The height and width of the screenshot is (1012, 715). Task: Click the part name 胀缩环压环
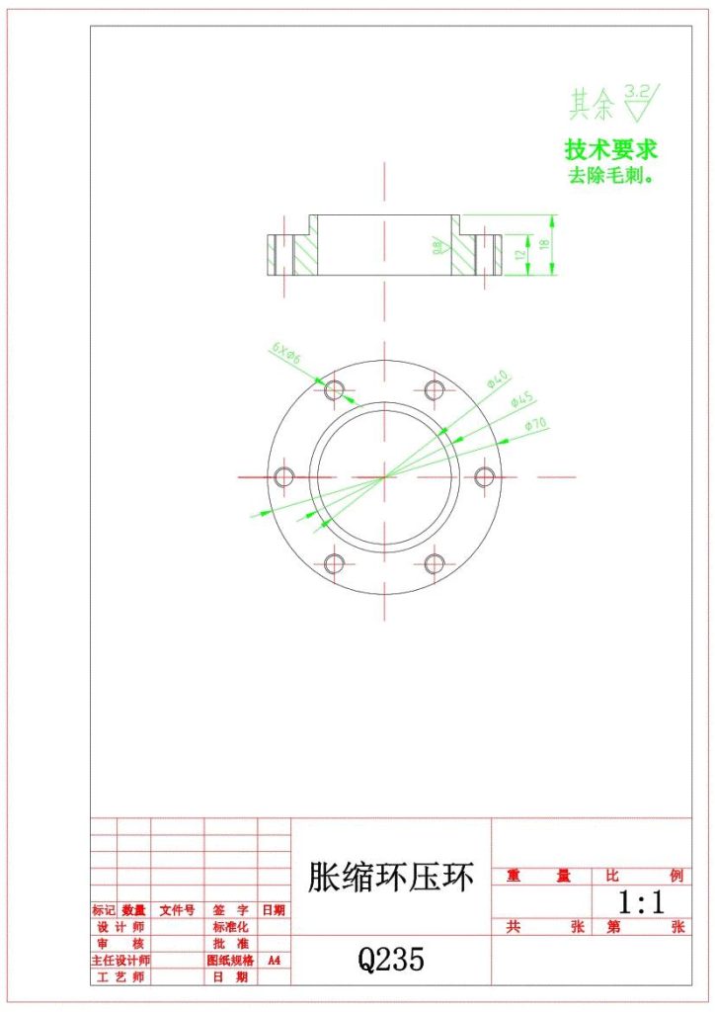tap(391, 877)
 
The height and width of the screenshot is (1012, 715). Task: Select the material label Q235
tap(391, 959)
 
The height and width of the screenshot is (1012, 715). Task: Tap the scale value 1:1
tap(640, 901)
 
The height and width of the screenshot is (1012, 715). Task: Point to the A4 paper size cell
tap(274, 960)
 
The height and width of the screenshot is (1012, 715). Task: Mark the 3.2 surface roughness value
tap(638, 92)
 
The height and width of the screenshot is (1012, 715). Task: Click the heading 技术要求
tap(610, 150)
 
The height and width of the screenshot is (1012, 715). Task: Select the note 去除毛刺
tap(610, 176)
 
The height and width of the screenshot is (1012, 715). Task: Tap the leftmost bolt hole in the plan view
tap(285, 476)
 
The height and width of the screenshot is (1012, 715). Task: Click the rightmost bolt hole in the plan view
tap(484, 476)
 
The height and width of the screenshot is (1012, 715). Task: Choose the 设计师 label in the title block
tap(119, 927)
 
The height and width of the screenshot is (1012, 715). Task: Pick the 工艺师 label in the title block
tap(119, 976)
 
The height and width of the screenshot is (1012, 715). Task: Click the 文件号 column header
tap(177, 910)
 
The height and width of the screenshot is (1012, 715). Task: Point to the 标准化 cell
tap(230, 927)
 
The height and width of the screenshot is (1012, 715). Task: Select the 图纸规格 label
tap(230, 960)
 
